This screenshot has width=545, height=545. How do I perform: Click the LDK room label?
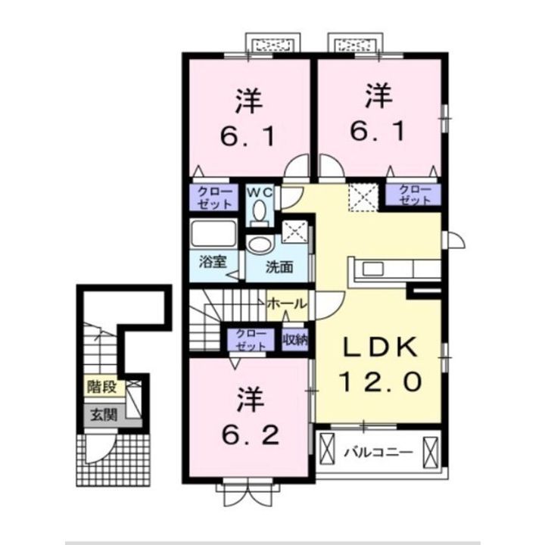click(x=381, y=348)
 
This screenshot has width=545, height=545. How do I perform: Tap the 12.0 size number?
click(x=381, y=381)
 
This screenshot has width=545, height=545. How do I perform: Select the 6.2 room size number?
click(x=251, y=434)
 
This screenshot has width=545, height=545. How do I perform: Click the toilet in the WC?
click(x=259, y=213)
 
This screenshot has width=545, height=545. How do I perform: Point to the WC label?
click(x=260, y=192)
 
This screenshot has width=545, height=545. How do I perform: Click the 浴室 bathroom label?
click(x=213, y=262)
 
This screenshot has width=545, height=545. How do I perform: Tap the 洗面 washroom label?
click(x=279, y=267)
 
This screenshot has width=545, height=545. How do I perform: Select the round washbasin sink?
click(x=260, y=244)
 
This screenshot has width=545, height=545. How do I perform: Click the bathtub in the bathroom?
click(x=213, y=234)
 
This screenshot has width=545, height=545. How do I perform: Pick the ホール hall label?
click(x=287, y=304)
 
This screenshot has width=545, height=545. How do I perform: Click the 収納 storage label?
click(x=294, y=340)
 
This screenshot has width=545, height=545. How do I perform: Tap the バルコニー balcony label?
click(x=378, y=453)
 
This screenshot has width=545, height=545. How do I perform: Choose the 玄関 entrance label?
click(x=104, y=415)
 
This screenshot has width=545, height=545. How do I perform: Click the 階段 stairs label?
click(x=101, y=387)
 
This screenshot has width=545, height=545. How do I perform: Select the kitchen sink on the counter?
click(x=373, y=269)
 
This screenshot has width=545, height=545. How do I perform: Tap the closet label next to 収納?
click(x=251, y=340)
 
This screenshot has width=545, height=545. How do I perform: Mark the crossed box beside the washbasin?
click(x=294, y=232)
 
